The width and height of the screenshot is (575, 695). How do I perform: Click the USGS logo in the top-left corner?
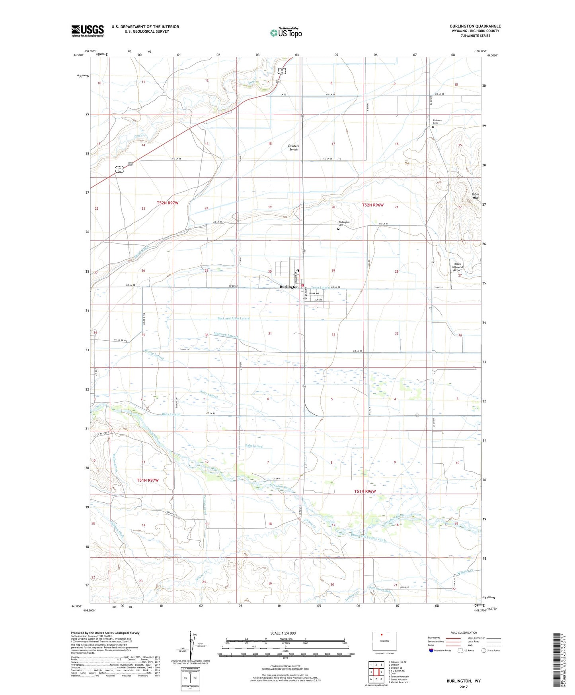tap(88, 31)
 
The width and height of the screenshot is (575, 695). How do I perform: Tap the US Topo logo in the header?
tap(285, 33)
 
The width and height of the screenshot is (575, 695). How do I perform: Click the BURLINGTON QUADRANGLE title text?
tap(476, 26)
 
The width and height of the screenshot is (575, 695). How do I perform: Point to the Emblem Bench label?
tap(293, 148)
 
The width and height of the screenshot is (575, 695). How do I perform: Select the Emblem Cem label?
tap(437, 122)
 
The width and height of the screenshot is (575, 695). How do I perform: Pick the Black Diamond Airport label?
tap(458, 267)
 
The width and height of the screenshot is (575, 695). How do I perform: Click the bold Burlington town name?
tap(289, 287)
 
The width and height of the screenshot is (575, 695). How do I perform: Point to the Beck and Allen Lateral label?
tap(234, 318)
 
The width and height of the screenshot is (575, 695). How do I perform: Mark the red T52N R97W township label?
tap(168, 203)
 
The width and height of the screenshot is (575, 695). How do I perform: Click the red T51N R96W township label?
tap(365, 492)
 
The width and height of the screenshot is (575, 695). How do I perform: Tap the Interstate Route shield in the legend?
tap(431, 650)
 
